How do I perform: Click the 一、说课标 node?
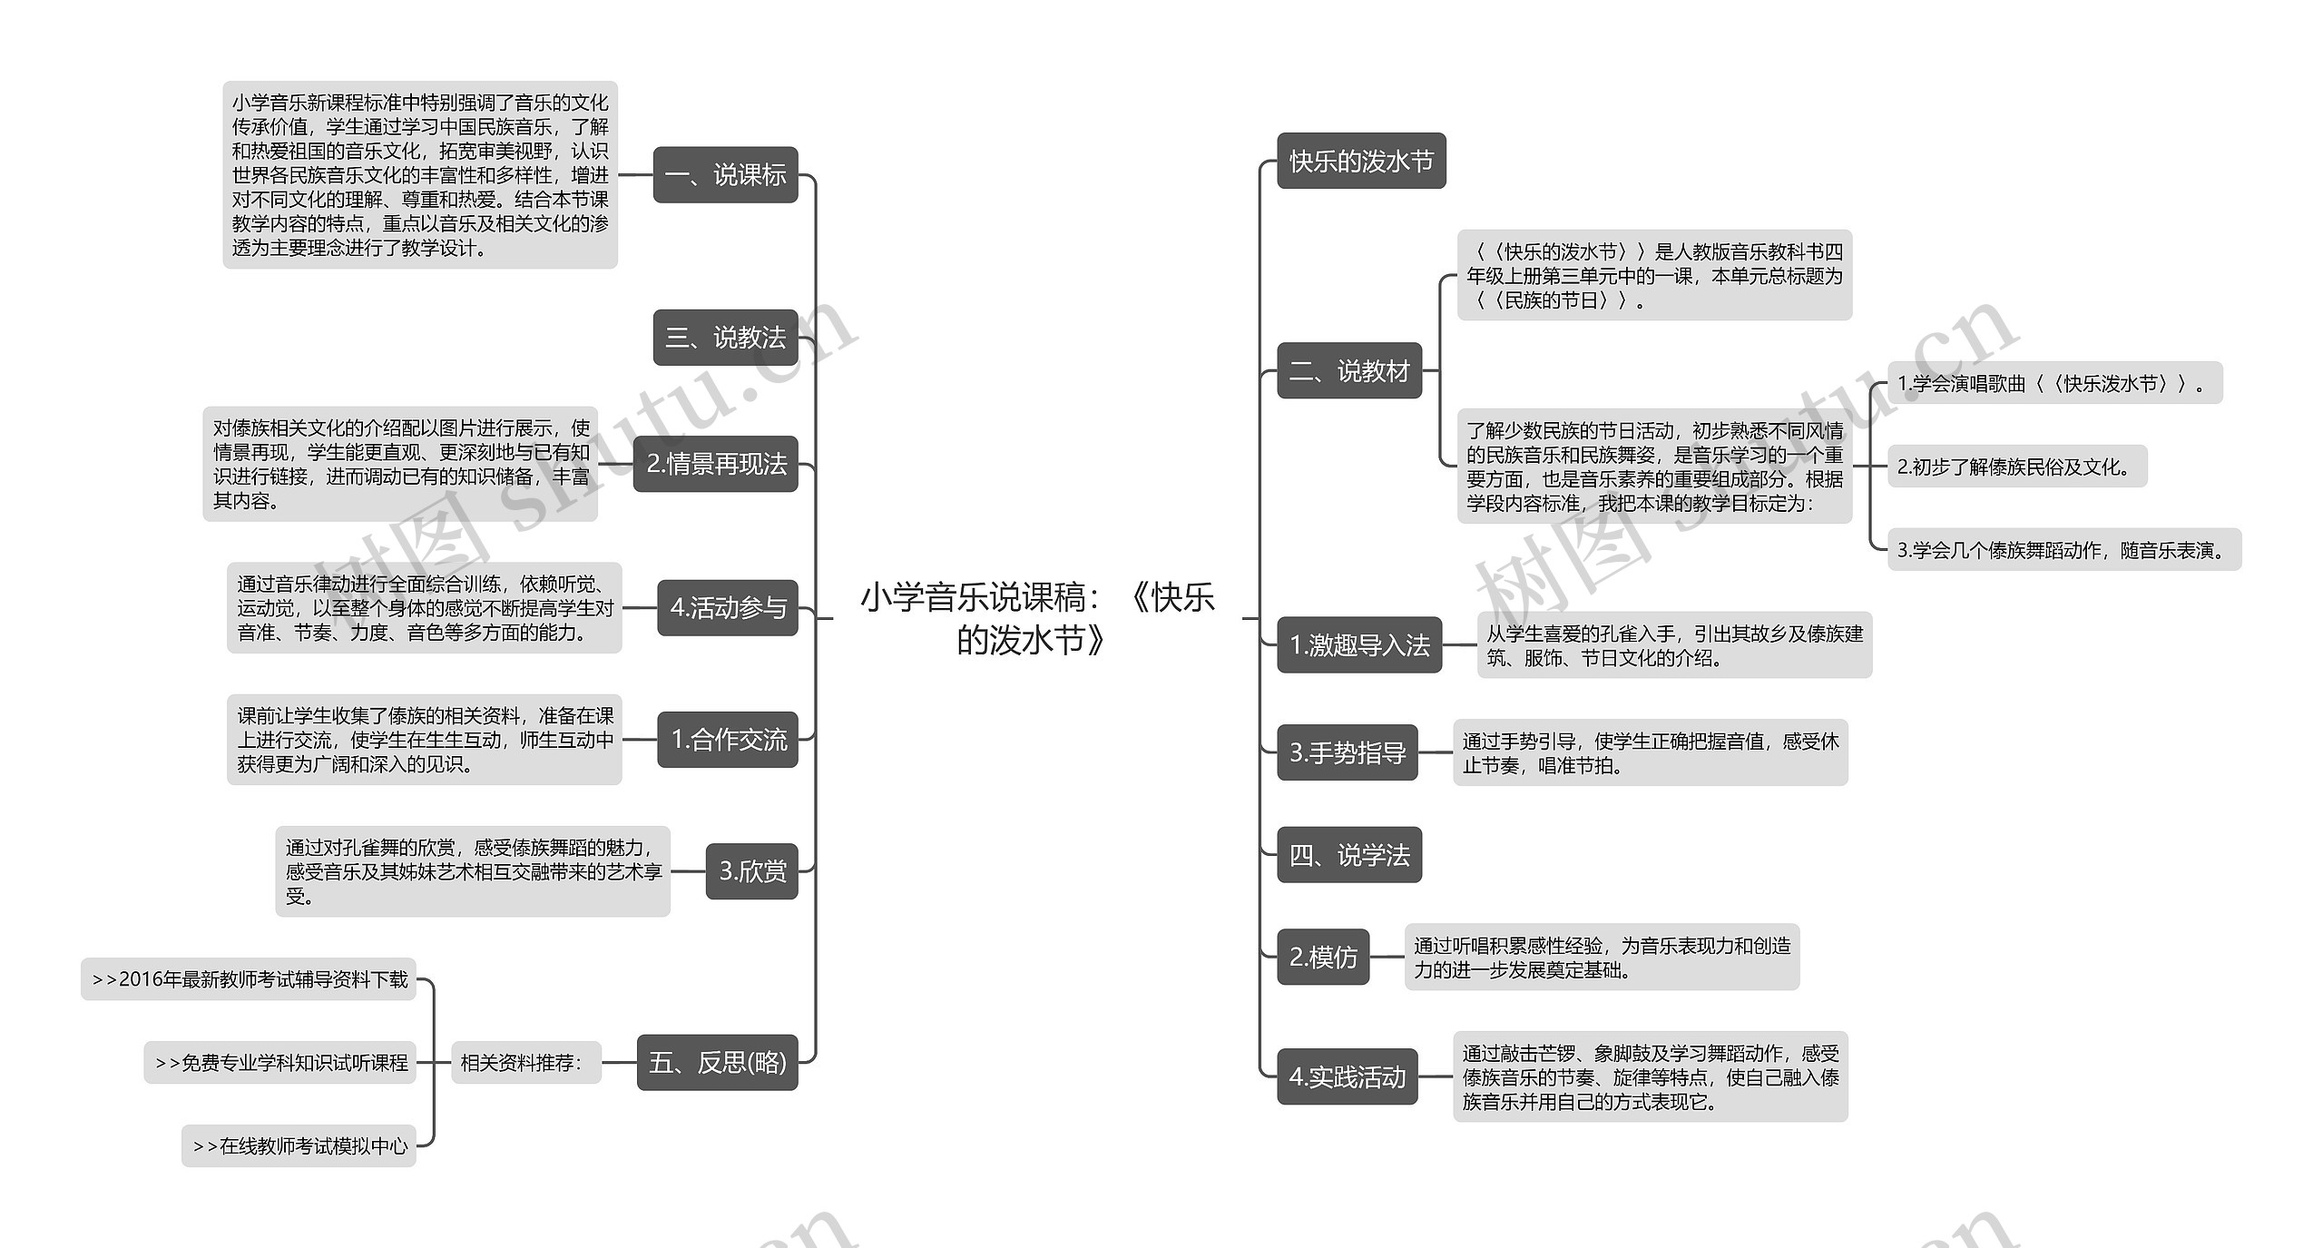(725, 175)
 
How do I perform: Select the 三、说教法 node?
(725, 338)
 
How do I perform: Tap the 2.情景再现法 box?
(715, 465)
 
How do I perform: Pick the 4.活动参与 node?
(727, 608)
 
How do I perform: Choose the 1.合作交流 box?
(727, 740)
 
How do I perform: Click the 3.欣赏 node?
(751, 871)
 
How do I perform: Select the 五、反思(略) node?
(717, 1062)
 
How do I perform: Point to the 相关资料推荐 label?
(526, 1062)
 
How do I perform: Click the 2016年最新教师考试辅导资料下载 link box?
(249, 979)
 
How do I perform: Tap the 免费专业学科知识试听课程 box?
(279, 1062)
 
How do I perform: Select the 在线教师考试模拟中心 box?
(299, 1145)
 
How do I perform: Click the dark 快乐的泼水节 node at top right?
(1361, 162)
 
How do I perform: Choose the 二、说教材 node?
(1349, 370)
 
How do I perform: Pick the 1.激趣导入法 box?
(1359, 645)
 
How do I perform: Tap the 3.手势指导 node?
(1348, 752)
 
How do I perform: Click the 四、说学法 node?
(1349, 855)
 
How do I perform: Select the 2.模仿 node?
(1323, 957)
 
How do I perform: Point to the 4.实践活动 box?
(1348, 1076)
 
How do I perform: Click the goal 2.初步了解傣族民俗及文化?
(2016, 467)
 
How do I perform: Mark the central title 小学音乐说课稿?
(1036, 618)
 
